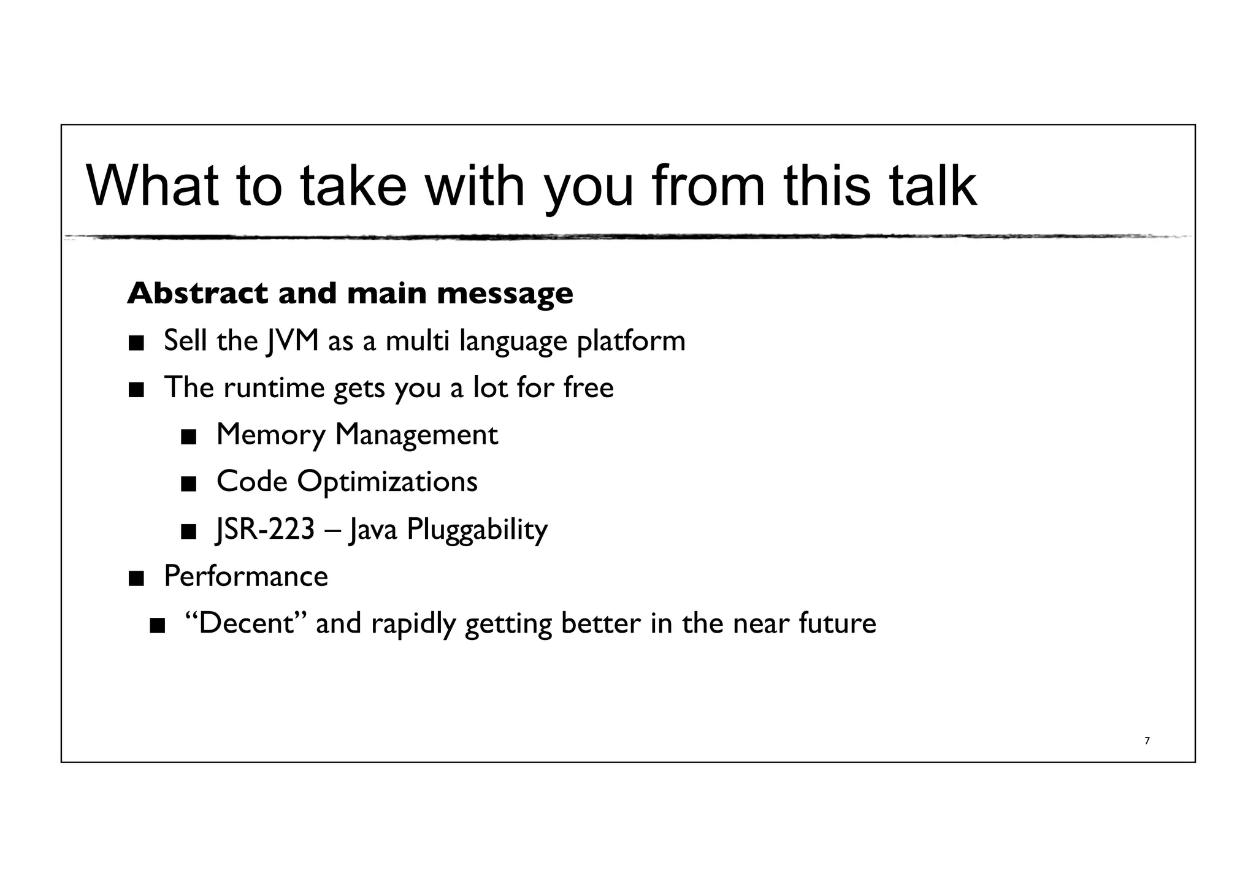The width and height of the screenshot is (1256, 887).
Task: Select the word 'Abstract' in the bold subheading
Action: (x=197, y=293)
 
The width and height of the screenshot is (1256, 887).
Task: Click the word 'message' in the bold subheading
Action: (x=505, y=294)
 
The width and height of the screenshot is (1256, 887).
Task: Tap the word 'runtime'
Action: (x=274, y=388)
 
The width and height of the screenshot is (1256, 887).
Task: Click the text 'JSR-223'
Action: (x=266, y=529)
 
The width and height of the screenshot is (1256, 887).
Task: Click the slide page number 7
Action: (x=1147, y=741)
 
